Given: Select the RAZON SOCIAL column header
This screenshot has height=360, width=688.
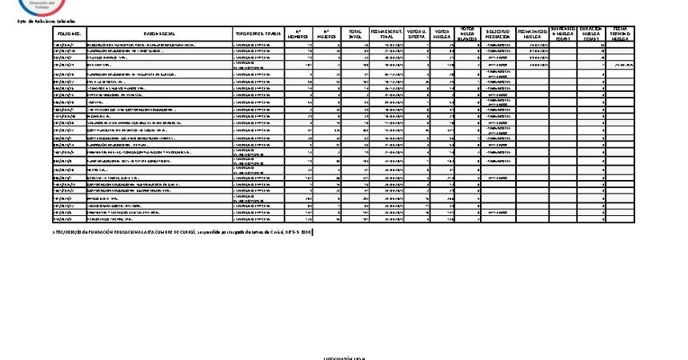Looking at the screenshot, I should pos(159,34).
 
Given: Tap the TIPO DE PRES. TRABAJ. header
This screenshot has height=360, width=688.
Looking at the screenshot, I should pos(257,34).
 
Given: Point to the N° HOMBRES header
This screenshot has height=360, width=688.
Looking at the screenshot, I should pos(298,34).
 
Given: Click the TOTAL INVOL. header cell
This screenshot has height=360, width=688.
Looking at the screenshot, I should pos(355,34).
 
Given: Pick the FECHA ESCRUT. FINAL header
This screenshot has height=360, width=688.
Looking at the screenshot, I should pos(386,34).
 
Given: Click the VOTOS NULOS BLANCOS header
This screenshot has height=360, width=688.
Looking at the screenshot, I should pos(467,34).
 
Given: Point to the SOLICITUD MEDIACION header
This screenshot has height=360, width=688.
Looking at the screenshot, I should pos(498,34).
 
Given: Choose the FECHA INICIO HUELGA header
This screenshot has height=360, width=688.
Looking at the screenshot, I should pos(531,34).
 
